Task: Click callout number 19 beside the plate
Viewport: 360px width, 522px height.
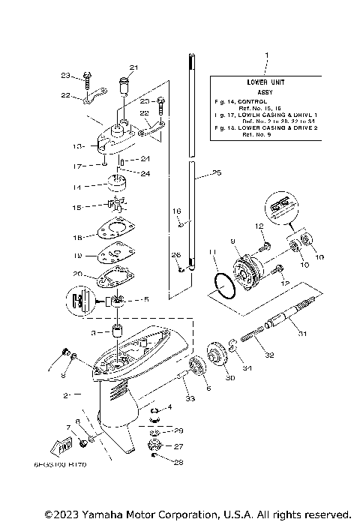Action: point(77,256)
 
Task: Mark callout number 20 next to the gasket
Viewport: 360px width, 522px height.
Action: point(77,274)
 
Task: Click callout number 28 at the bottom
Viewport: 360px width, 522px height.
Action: point(179,463)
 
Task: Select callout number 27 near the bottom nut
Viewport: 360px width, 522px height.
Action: point(179,446)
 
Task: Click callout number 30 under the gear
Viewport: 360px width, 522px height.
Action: point(229,378)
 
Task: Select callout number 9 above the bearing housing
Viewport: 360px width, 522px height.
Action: point(232,241)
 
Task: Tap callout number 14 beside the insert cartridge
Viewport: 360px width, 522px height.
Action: point(77,187)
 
